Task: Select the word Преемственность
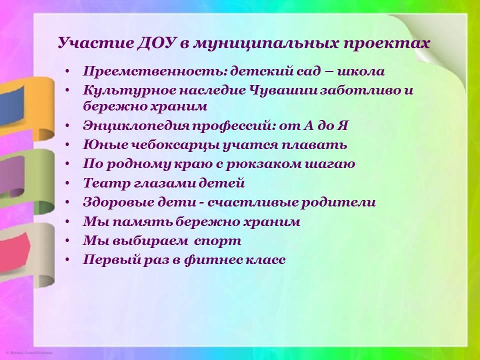click(155, 71)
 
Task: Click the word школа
click(361, 71)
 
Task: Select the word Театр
click(106, 183)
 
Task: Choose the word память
click(142, 222)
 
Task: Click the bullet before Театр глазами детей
click(67, 183)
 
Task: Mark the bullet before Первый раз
click(67, 260)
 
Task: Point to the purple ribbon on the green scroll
click(12, 176)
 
